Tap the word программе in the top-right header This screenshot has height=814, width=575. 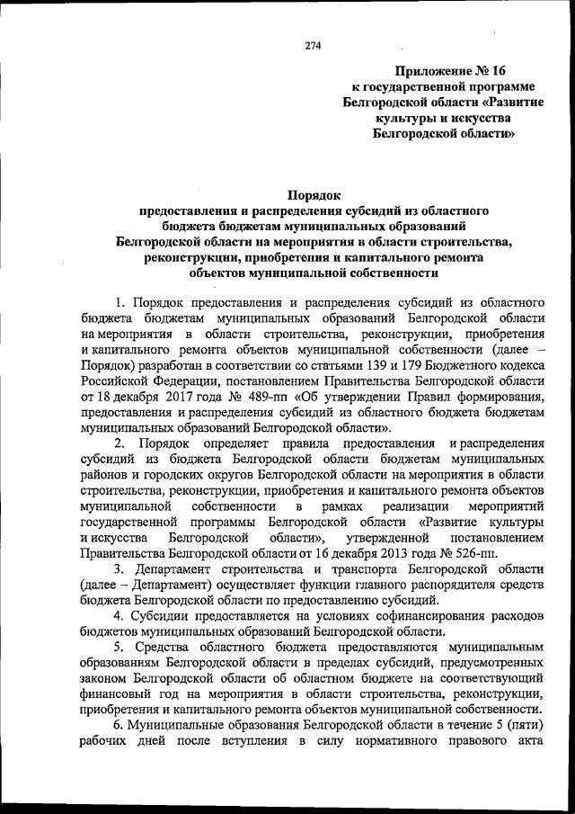coord(491,87)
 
